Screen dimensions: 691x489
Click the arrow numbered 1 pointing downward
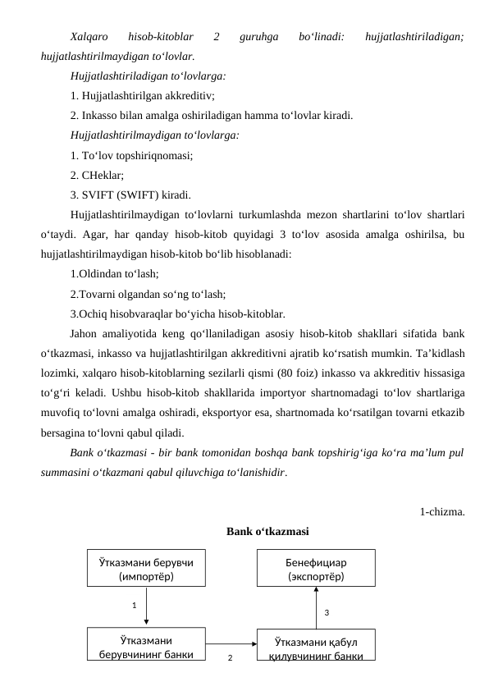pyautogui.click(x=146, y=607)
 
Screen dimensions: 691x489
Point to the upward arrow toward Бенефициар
pyautogui.click(x=316, y=607)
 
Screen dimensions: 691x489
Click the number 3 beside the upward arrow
pyautogui.click(x=327, y=612)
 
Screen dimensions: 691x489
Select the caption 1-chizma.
pyautogui.click(x=441, y=512)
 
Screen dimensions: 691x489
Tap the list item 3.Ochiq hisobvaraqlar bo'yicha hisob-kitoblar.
pyautogui.click(x=178, y=313)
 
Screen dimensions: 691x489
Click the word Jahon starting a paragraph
pyautogui.click(x=85, y=332)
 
